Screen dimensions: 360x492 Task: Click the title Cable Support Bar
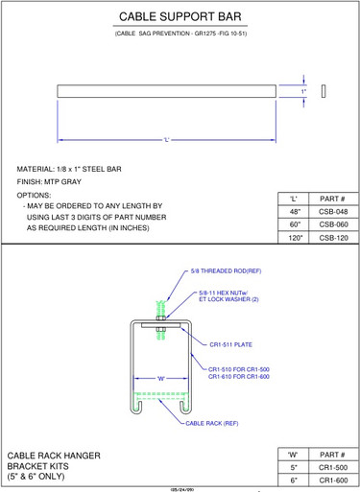click(180, 17)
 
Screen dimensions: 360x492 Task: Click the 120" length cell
click(295, 237)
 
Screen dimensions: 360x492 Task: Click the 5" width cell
click(295, 467)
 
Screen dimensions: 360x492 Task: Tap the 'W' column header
click(295, 454)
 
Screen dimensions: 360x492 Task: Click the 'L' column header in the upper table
click(295, 198)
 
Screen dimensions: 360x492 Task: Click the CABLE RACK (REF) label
click(211, 423)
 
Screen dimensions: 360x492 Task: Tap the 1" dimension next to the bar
click(303, 91)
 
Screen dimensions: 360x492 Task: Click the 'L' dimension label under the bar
click(166, 140)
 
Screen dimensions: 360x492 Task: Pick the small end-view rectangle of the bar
click(324, 91)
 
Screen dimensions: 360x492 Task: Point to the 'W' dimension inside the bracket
click(161, 379)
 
